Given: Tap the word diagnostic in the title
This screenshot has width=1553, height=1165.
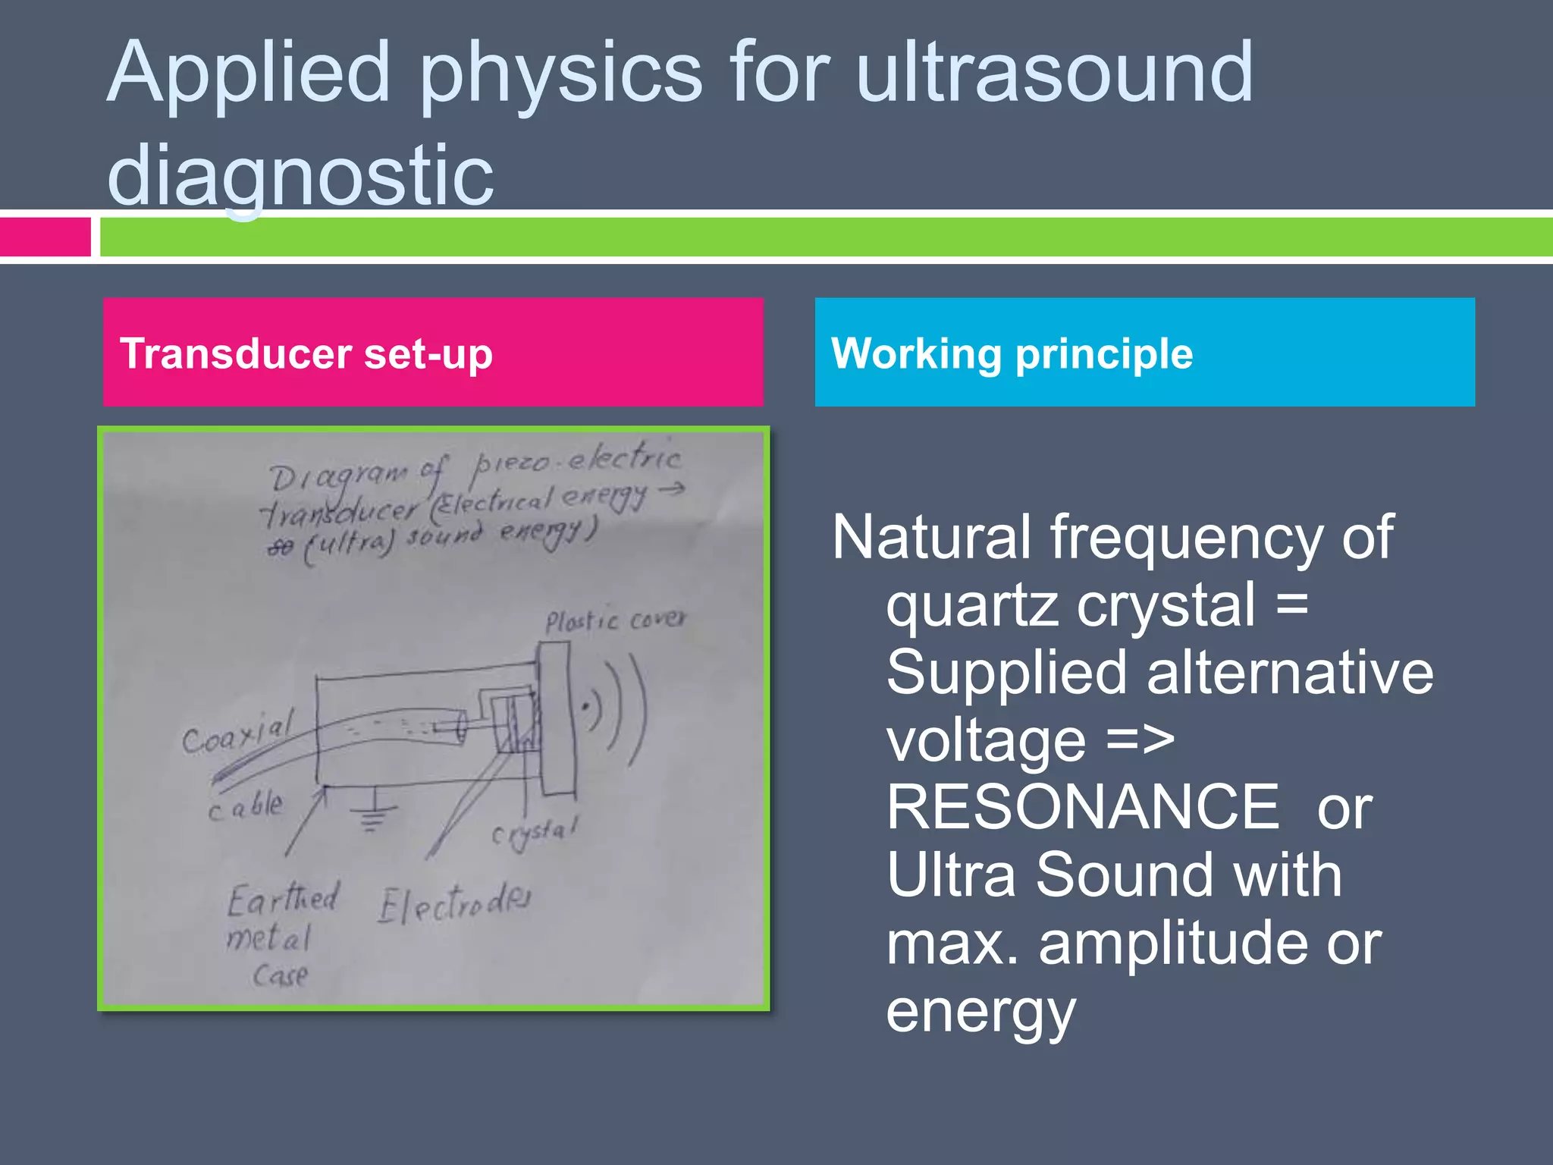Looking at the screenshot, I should pyautogui.click(x=300, y=176).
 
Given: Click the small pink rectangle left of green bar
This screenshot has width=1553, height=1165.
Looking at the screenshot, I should pyautogui.click(x=45, y=237).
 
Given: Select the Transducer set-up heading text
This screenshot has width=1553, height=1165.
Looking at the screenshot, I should pyautogui.click(x=306, y=353).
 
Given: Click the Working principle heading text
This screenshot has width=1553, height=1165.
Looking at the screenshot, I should pyautogui.click(x=1012, y=353).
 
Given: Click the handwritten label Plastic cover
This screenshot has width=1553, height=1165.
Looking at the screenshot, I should pyautogui.click(x=615, y=621).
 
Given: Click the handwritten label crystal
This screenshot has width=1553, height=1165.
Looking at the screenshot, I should pyautogui.click(x=535, y=832).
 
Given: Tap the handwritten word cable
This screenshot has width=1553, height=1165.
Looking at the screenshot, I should pyautogui.click(x=246, y=806).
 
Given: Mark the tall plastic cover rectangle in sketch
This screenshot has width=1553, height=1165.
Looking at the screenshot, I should pyautogui.click(x=556, y=717).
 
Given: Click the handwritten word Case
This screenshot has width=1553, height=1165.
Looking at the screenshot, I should pyautogui.click(x=281, y=975).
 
